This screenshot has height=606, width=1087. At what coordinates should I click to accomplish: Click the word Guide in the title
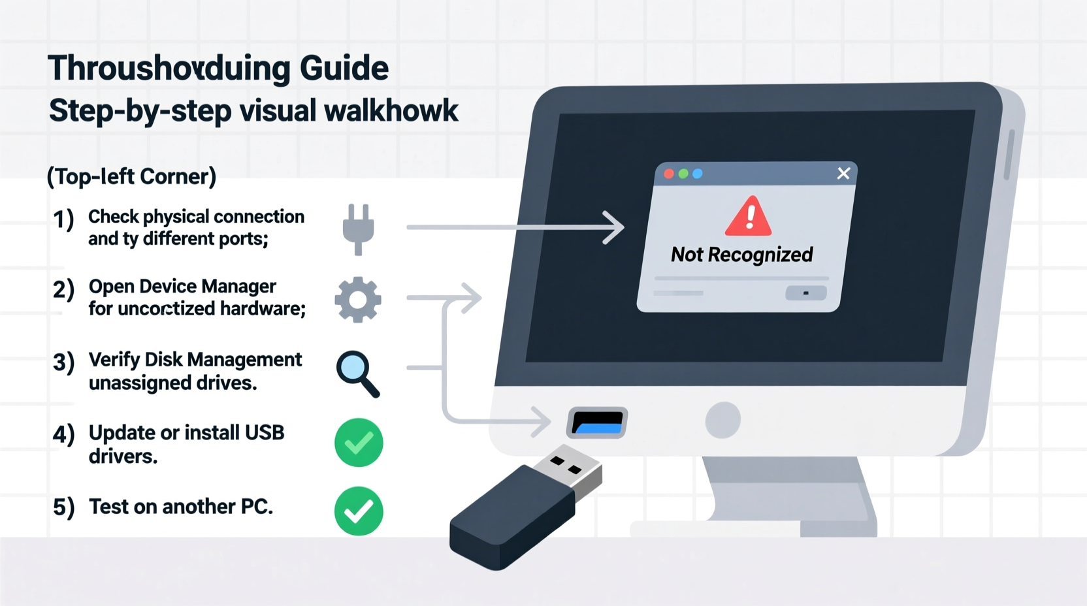[x=344, y=68]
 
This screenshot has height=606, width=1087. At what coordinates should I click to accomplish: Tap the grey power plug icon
[x=358, y=229]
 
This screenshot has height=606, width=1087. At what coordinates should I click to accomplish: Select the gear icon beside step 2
[x=358, y=300]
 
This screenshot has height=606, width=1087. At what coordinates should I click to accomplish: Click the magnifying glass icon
[x=357, y=373]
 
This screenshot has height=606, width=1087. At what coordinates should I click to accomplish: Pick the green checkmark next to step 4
[x=359, y=443]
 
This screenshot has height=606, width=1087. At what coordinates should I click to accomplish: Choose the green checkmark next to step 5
[x=359, y=511]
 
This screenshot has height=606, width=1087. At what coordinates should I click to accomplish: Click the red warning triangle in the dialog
[x=749, y=217]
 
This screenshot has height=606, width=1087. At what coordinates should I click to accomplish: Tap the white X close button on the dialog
[x=843, y=173]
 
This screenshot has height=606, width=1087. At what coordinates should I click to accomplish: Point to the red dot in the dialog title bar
[x=669, y=174]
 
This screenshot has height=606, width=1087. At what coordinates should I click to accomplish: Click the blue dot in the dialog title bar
[x=698, y=174]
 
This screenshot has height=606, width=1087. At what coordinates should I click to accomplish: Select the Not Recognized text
[x=741, y=255]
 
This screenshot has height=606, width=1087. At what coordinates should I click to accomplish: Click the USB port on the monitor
[x=597, y=422]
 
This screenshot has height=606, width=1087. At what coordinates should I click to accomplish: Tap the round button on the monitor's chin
[x=722, y=420]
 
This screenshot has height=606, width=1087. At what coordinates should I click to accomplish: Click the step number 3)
[x=63, y=362]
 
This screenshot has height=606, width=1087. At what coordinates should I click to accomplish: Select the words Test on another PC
[x=180, y=507]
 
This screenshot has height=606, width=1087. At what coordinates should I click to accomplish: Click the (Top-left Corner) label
[x=131, y=176]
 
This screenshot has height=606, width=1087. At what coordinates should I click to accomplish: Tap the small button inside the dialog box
[x=805, y=293]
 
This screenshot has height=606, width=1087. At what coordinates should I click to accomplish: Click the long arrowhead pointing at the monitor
[x=614, y=227]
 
